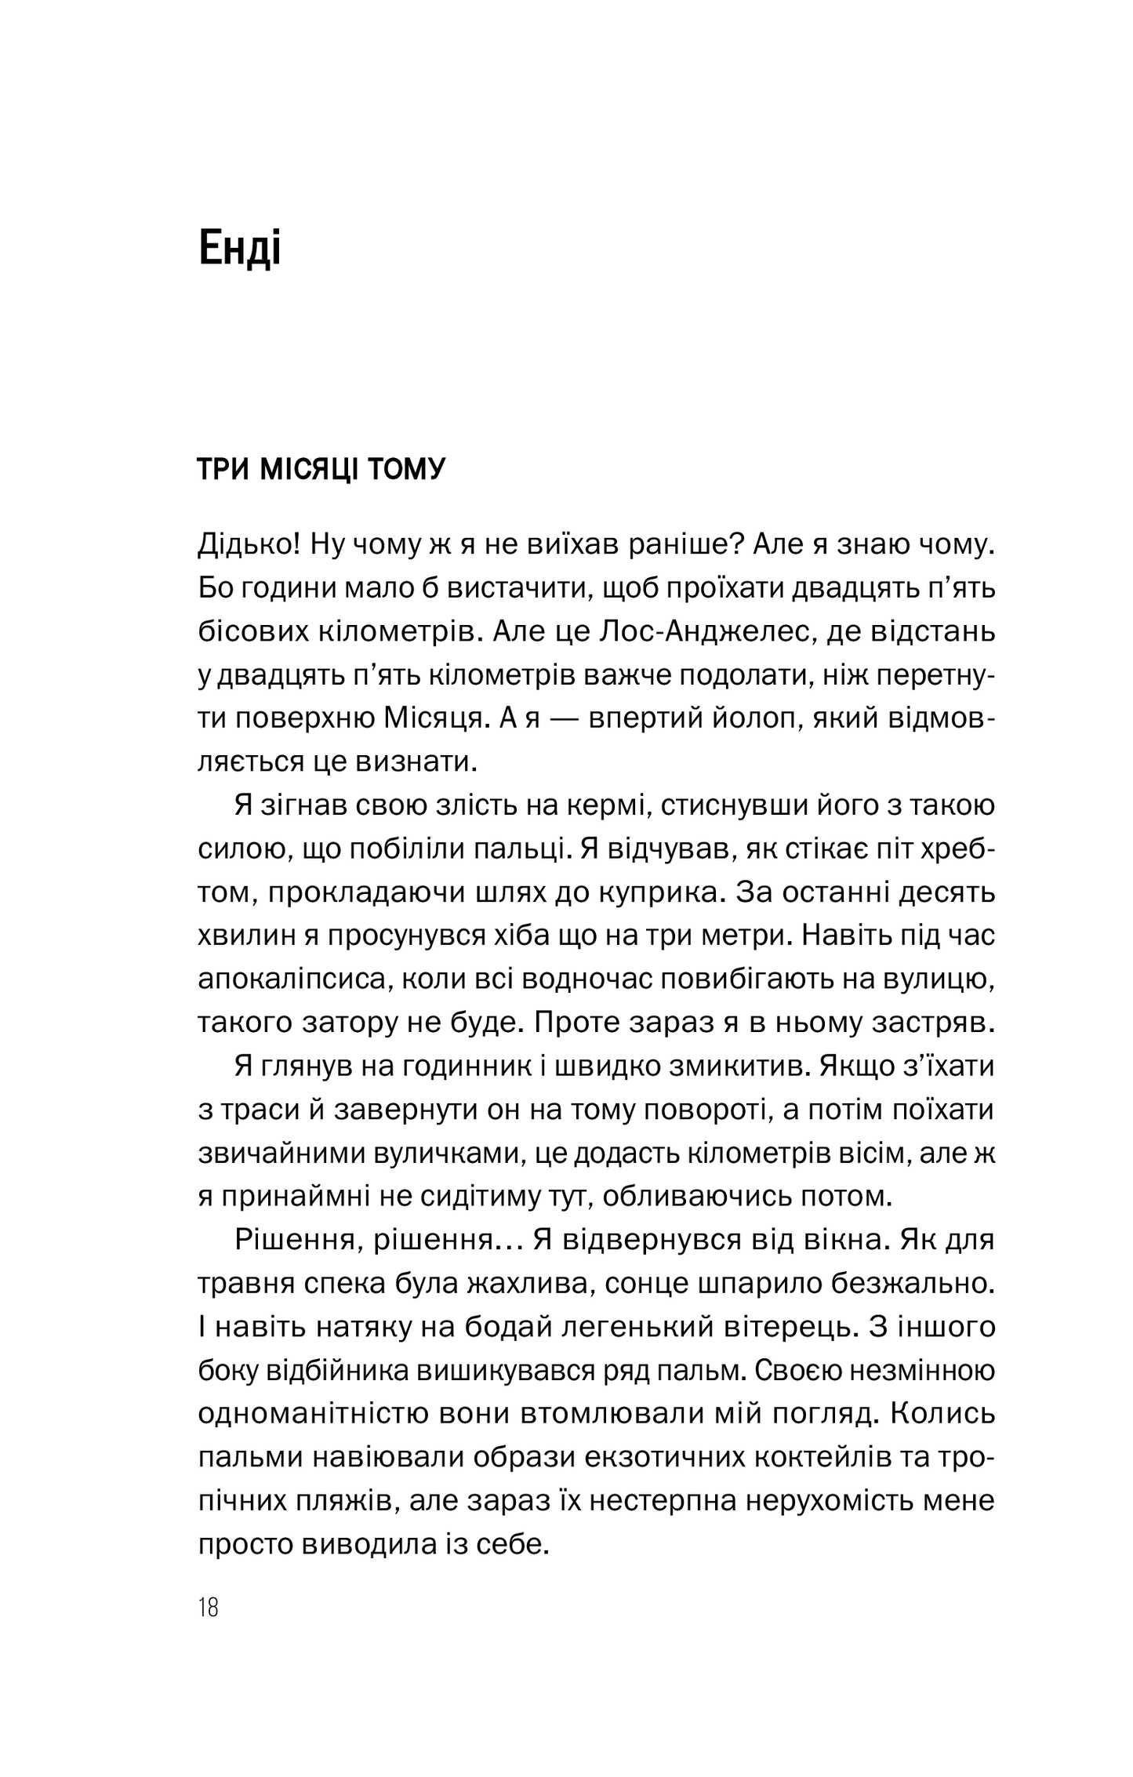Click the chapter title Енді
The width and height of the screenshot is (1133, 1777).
point(239,249)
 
